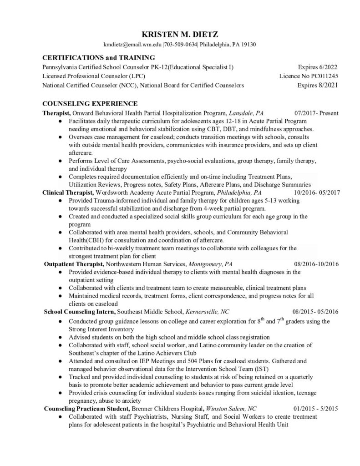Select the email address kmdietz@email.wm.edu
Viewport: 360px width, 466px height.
tap(129, 45)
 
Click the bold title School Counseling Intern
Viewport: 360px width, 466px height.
tap(80, 312)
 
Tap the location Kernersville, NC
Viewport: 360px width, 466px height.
tap(206, 312)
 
